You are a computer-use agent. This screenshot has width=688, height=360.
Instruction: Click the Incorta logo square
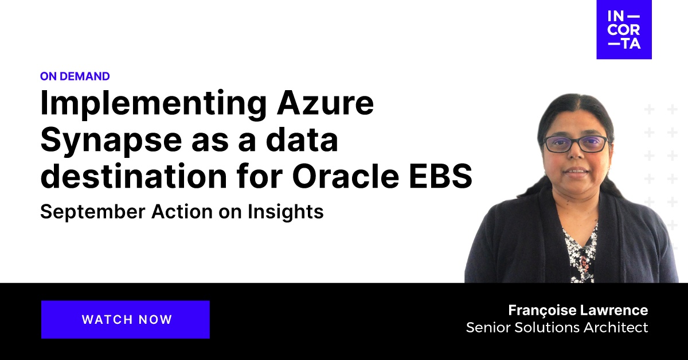pos(624,29)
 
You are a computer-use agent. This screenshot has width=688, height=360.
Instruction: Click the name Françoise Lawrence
pos(578,311)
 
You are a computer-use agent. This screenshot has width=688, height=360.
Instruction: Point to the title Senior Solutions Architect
pos(557,328)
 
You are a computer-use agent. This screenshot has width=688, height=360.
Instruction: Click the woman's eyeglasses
pos(575,143)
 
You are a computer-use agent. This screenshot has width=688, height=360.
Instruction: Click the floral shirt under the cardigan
pos(580,253)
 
